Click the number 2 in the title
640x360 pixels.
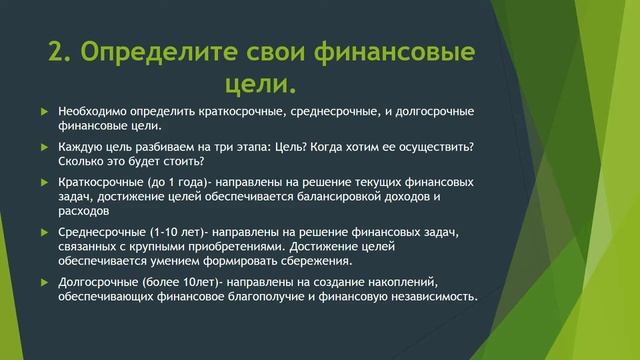pyautogui.click(x=56, y=51)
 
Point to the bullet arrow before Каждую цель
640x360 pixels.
pyautogui.click(x=44, y=146)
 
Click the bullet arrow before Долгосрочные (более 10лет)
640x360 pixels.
pyautogui.click(x=44, y=283)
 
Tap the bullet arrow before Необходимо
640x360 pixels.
pyautogui.click(x=44, y=110)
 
